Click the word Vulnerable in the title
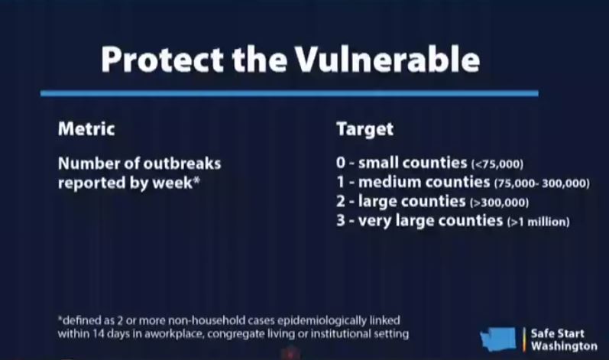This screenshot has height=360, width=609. (387, 59)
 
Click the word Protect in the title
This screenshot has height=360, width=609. (162, 59)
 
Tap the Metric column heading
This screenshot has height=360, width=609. (86, 129)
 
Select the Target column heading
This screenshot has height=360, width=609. (364, 129)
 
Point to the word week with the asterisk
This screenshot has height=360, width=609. (176, 183)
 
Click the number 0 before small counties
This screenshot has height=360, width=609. (341, 163)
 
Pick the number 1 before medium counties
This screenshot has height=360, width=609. (340, 182)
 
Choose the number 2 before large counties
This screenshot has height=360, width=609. (341, 201)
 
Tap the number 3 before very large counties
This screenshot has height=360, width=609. (341, 221)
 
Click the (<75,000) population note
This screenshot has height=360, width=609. (497, 164)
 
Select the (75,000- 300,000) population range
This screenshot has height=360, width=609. (542, 183)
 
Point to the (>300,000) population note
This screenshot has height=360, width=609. (499, 203)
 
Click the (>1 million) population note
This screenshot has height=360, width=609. (538, 222)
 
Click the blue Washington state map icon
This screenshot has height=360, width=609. (498, 339)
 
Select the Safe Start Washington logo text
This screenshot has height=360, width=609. (564, 339)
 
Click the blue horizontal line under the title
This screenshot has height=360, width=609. (290, 93)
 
